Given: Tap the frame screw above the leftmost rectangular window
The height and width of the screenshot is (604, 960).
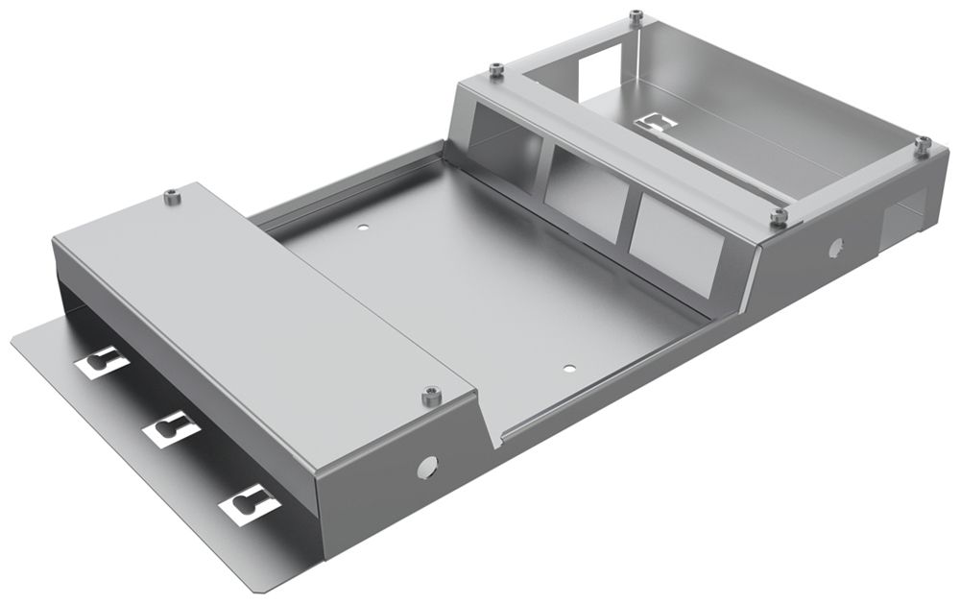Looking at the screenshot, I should [495, 69].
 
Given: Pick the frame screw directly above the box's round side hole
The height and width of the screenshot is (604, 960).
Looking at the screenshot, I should [780, 215].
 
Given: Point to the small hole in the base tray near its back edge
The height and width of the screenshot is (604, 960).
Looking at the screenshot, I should [363, 229].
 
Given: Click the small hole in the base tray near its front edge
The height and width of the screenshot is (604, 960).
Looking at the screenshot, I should [568, 367].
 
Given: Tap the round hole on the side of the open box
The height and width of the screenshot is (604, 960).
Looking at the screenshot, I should [833, 250].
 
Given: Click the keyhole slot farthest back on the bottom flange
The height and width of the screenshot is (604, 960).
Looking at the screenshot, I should [101, 362].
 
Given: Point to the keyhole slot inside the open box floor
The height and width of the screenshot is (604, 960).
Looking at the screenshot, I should [659, 123].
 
